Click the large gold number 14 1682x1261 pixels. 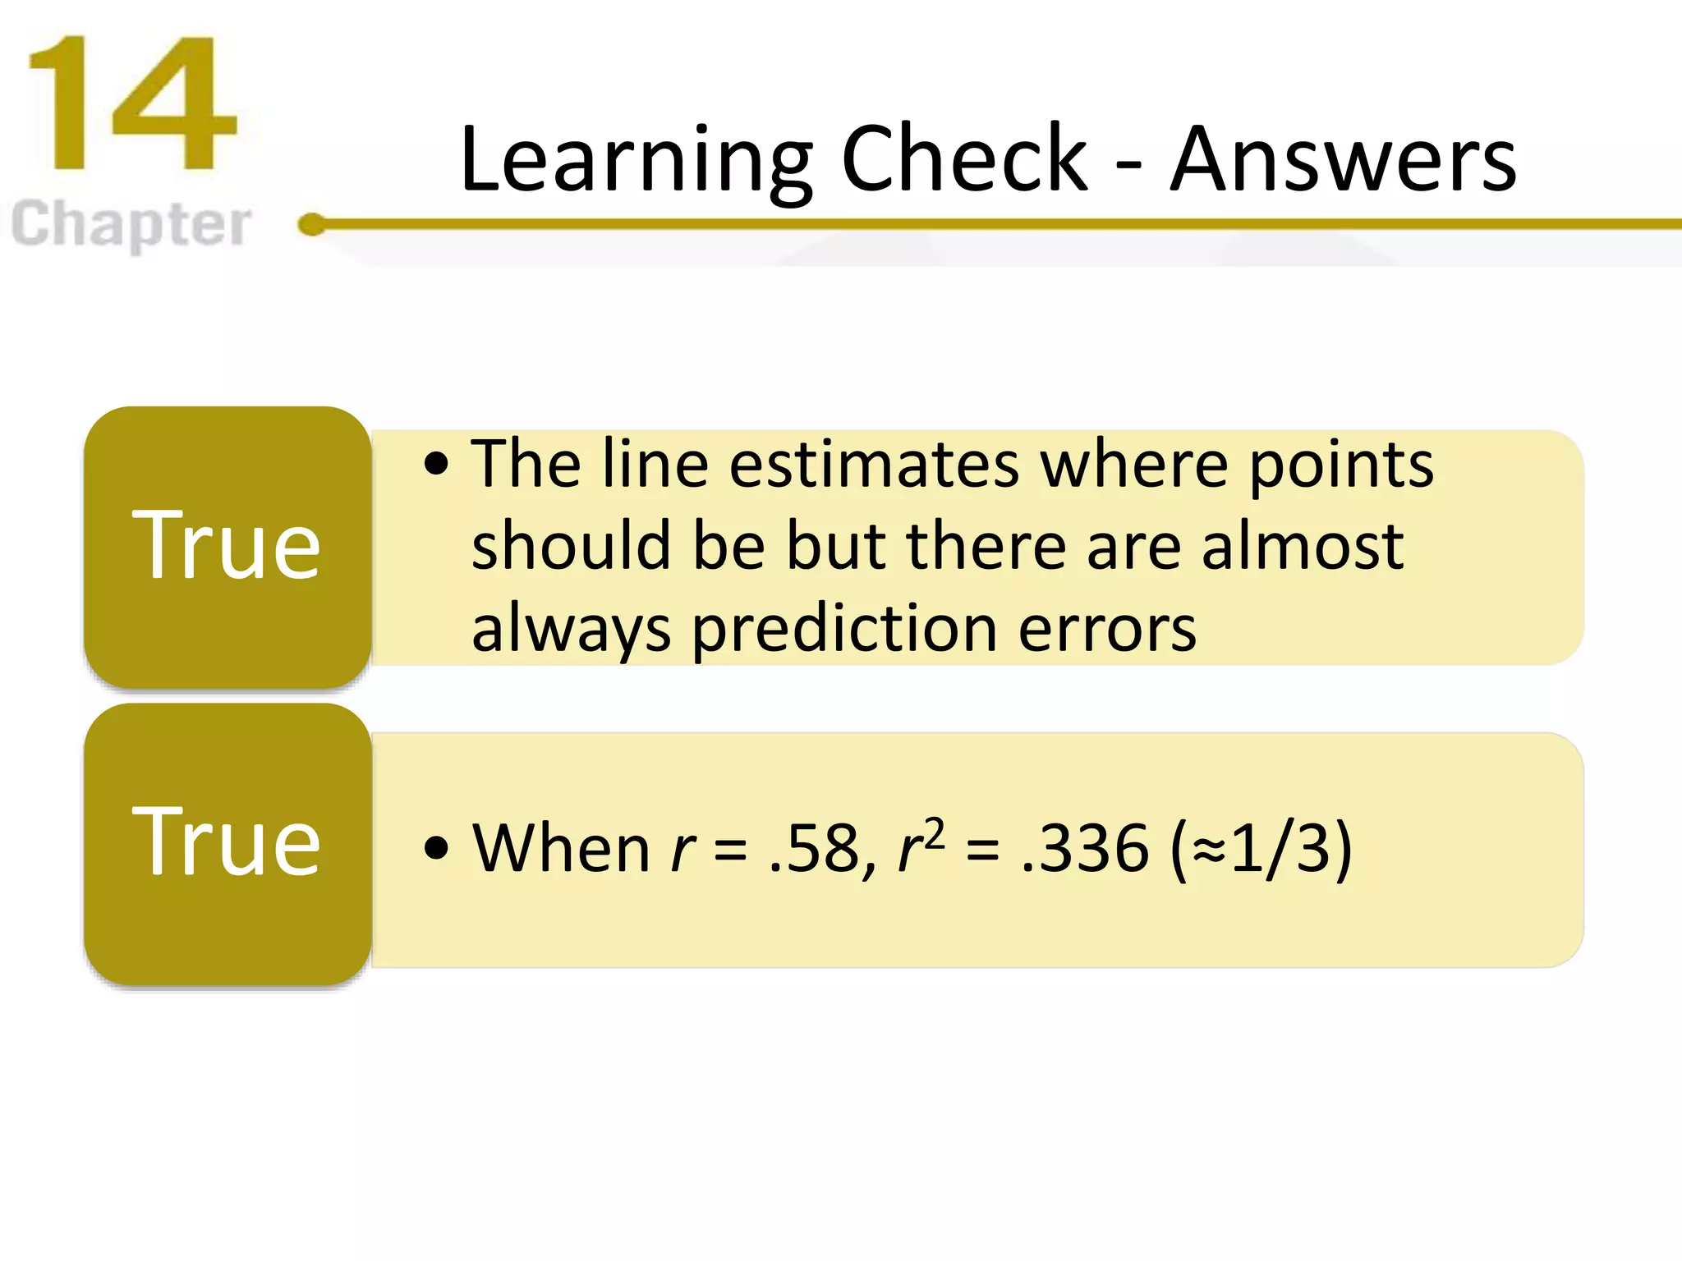pyautogui.click(x=131, y=104)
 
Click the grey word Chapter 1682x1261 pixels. pyautogui.click(x=131, y=223)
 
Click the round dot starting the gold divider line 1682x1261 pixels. pyautogui.click(x=312, y=224)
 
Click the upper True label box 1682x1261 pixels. pyautogui.click(x=227, y=546)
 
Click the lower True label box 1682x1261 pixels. pyautogui.click(x=227, y=843)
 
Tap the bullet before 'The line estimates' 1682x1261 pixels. pyautogui.click(x=437, y=465)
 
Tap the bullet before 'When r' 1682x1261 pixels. pyautogui.click(x=437, y=848)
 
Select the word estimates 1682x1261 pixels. pyautogui.click(x=875, y=465)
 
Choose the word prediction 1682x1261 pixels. pyautogui.click(x=844, y=630)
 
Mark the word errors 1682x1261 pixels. pyautogui.click(x=1107, y=630)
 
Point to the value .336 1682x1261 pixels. pyautogui.click(x=1084, y=848)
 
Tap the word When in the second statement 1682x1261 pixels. pyautogui.click(x=562, y=848)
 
